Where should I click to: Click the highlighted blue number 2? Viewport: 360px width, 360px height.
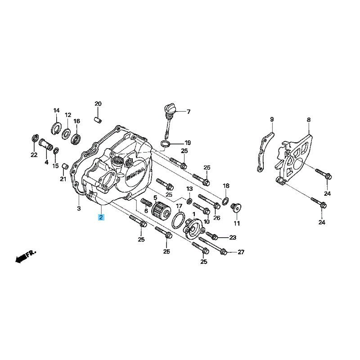[x=101, y=217]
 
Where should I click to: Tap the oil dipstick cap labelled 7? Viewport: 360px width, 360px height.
[x=169, y=108]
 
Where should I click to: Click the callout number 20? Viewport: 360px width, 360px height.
[x=98, y=104]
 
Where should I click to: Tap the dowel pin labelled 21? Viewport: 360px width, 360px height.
[x=65, y=165]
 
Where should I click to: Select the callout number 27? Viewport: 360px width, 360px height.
[x=241, y=252]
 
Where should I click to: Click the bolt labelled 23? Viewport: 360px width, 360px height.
[x=211, y=235]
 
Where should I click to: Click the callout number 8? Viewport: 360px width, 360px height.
[x=309, y=120]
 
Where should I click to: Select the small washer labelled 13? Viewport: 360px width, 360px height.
[x=189, y=201]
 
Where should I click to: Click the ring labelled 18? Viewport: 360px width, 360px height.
[x=225, y=201]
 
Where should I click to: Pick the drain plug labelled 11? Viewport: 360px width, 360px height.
[x=236, y=208]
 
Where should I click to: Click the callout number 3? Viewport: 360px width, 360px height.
[x=79, y=208]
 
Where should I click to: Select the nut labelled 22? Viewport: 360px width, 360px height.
[x=35, y=139]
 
